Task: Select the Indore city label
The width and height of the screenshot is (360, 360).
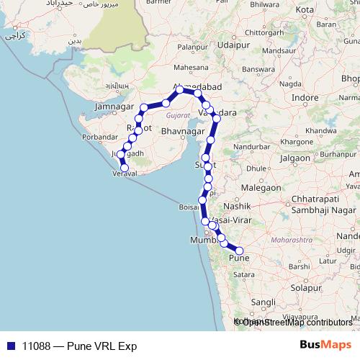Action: [305, 98]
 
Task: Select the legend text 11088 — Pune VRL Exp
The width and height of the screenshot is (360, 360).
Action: [79, 346]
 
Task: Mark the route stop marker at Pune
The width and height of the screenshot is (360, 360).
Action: [240, 251]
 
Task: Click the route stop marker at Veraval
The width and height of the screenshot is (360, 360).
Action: [125, 168]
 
